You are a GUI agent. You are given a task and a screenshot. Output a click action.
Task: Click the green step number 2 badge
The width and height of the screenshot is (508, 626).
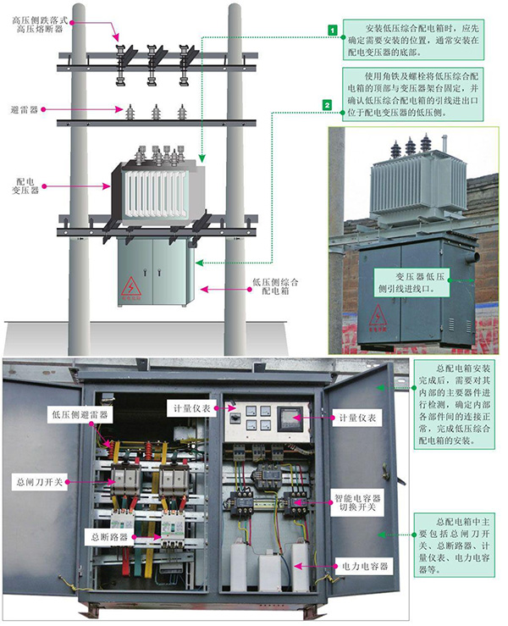coord(325,105)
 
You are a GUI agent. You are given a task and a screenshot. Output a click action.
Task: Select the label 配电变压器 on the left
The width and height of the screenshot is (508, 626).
coord(25,188)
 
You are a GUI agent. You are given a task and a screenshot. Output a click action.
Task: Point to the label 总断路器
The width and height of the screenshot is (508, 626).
coord(108,536)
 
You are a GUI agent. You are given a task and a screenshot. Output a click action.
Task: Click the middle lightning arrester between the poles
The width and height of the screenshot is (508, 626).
coord(155,113)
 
